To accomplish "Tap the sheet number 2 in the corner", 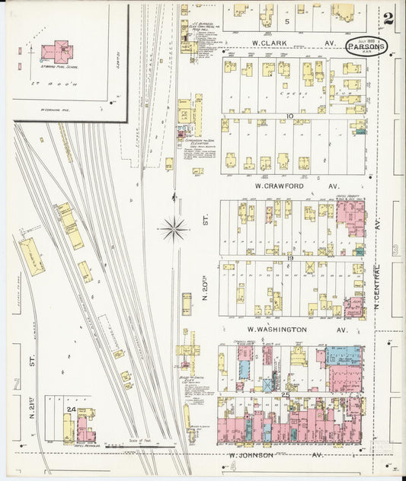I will pyautogui.click(x=388, y=18).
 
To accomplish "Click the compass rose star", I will pyautogui.click(x=175, y=226).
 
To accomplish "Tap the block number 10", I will pyautogui.click(x=289, y=116).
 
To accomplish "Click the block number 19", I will pyautogui.click(x=291, y=260).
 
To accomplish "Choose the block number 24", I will pyautogui.click(x=71, y=410).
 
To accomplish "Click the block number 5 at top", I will pyautogui.click(x=287, y=9).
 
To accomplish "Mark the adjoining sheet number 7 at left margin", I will pyautogui.click(x=16, y=383).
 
